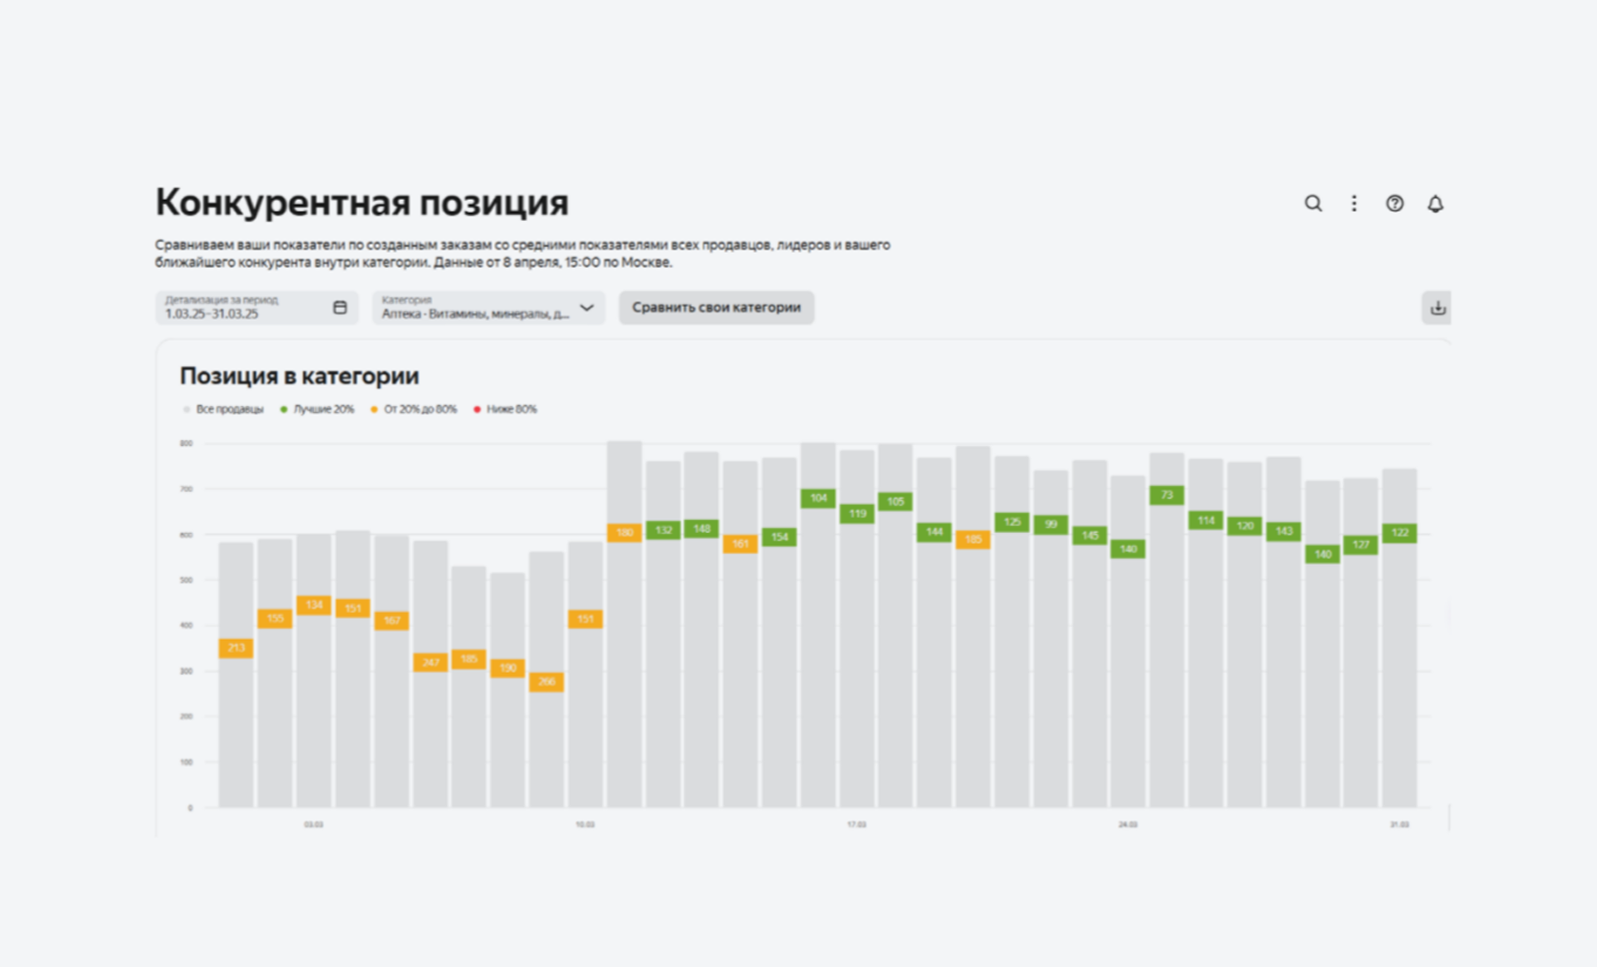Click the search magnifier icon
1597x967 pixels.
tap(1313, 204)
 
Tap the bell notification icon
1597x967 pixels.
tap(1435, 204)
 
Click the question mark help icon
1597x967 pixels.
tap(1395, 204)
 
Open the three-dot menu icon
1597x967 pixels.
tap(1354, 204)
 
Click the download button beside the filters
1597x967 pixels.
tap(1438, 308)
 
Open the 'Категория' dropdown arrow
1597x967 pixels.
tap(587, 308)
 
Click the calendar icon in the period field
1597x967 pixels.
tap(340, 307)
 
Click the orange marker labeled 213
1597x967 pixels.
tap(236, 647)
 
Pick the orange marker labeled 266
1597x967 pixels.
tap(546, 681)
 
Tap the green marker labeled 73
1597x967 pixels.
tap(1166, 495)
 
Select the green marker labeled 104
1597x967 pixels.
tap(818, 498)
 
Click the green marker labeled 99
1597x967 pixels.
tap(1051, 524)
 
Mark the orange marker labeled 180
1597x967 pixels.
tap(624, 533)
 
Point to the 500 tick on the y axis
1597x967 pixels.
tap(186, 580)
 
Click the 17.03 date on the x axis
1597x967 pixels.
tap(856, 824)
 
